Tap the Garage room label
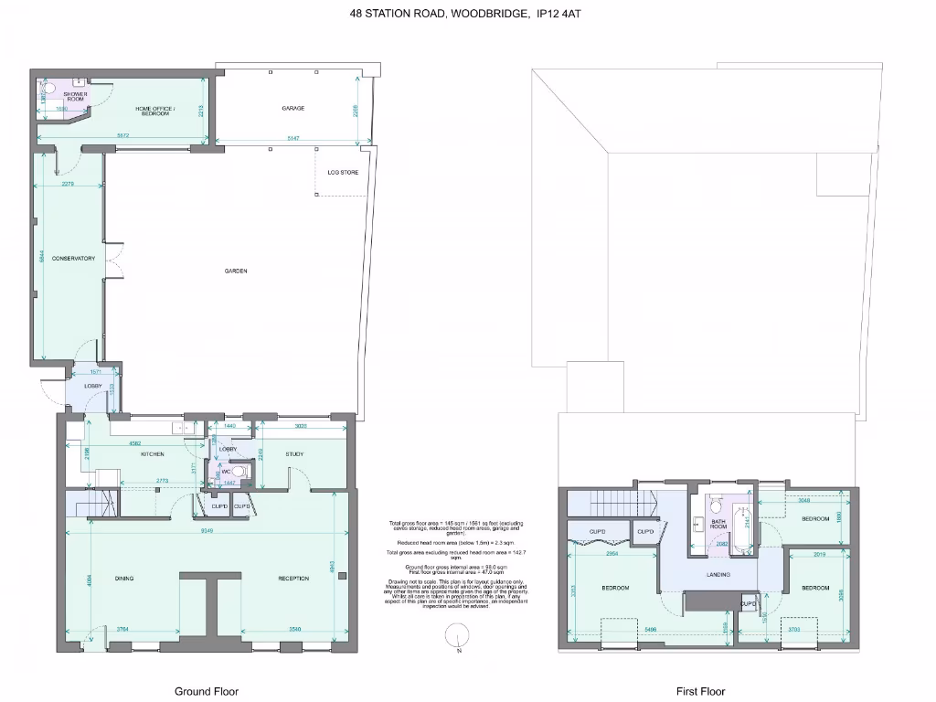tap(292, 108)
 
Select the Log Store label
tap(343, 172)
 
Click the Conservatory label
tap(73, 259)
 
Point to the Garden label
tap(238, 271)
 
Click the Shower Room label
tap(75, 96)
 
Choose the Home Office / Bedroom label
tap(153, 111)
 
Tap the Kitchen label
tap(151, 454)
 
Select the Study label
tap(293, 454)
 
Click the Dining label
tap(124, 578)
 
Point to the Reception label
tap(293, 578)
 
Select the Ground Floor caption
tap(206, 691)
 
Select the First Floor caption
tap(700, 691)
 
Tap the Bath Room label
tap(718, 524)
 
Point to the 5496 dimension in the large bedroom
tap(651, 630)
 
